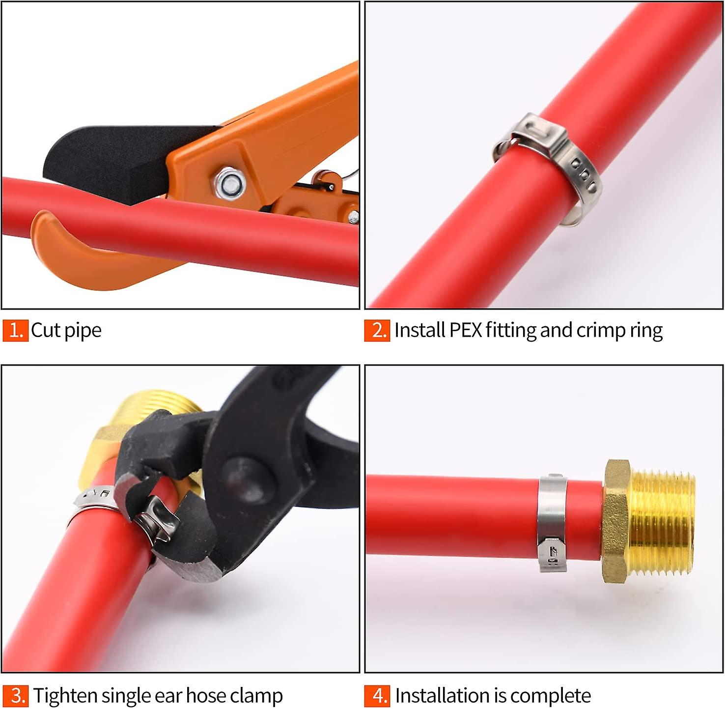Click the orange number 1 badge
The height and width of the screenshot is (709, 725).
tap(15, 330)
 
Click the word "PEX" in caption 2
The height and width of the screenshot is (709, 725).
tap(466, 330)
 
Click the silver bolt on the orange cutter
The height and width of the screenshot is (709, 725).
tap(229, 184)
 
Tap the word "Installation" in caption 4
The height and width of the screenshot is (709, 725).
tap(442, 696)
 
